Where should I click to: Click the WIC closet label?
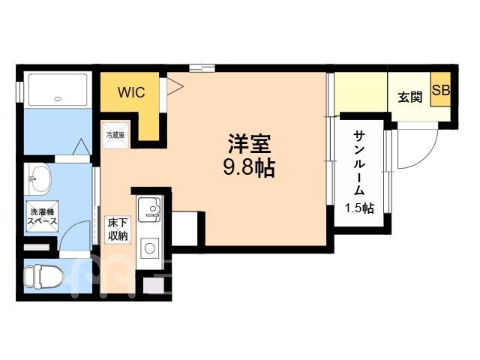pyautogui.click(x=131, y=92)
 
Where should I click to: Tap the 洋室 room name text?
pyautogui.click(x=250, y=143)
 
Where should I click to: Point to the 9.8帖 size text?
pyautogui.click(x=249, y=168)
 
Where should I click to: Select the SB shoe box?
pyautogui.click(x=441, y=89)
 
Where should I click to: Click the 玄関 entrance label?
pyautogui.click(x=410, y=97)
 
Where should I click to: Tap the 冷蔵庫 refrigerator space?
pyautogui.click(x=116, y=135)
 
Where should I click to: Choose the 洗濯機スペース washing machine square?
pyautogui.click(x=42, y=216)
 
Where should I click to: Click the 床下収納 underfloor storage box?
pyautogui.click(x=118, y=230)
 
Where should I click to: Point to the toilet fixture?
pyautogui.click(x=43, y=277)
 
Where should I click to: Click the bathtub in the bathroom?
pyautogui.click(x=58, y=90)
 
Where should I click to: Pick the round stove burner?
pyautogui.click(x=150, y=248)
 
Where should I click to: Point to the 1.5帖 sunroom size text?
pyautogui.click(x=359, y=208)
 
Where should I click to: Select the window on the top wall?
pyautogui.click(x=202, y=67)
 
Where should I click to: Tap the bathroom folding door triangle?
pyautogui.click(x=82, y=147)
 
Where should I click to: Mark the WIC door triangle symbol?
pyautogui.click(x=175, y=86)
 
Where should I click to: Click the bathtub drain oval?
pyautogui.click(x=58, y=99)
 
